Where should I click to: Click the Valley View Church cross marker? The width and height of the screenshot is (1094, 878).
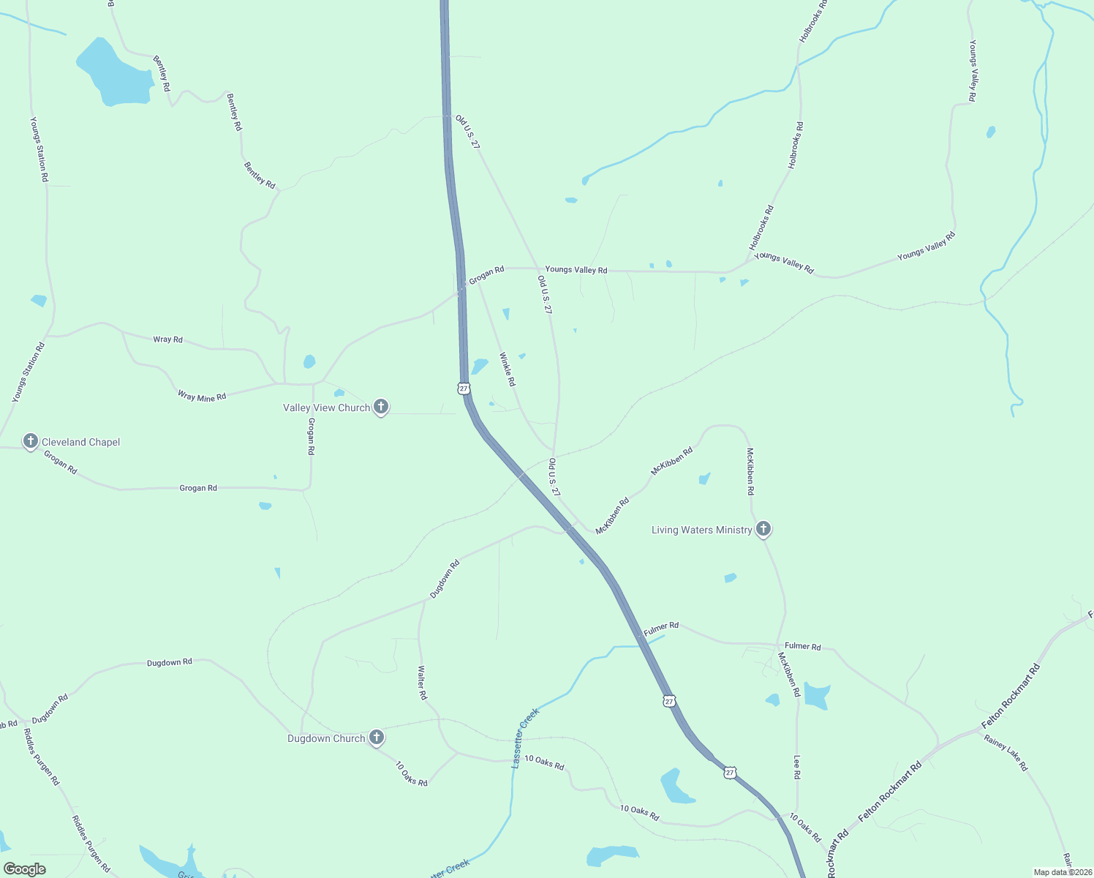coord(380,407)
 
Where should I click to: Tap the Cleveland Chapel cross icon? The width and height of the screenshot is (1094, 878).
coord(30,441)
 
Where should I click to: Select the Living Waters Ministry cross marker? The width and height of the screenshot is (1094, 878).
coord(763,529)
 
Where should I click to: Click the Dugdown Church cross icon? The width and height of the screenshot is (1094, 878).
coord(377,738)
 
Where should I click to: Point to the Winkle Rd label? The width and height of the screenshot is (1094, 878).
coord(508,369)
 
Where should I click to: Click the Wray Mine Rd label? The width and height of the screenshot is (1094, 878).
coord(202,396)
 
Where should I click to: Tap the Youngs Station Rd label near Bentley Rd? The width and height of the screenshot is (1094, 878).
coord(39,149)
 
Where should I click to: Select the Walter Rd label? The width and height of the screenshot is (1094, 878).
coord(422,682)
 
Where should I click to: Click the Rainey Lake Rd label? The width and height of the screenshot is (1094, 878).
coord(1006,753)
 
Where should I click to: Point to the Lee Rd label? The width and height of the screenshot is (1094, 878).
coord(797,767)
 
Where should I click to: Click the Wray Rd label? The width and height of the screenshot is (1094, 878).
coord(167,339)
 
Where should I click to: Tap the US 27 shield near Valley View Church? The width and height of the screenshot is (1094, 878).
coord(464,388)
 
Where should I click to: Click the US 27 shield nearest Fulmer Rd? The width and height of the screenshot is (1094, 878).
coord(669,701)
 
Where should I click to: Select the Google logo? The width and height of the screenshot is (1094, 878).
coord(25,869)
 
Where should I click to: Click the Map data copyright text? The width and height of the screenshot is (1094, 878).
coord(1063,872)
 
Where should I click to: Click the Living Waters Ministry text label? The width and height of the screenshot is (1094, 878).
coord(701,530)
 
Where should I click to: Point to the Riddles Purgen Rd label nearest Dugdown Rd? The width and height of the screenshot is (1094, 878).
coord(41,757)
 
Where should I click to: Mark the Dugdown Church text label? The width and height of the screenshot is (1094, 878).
coord(326,738)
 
